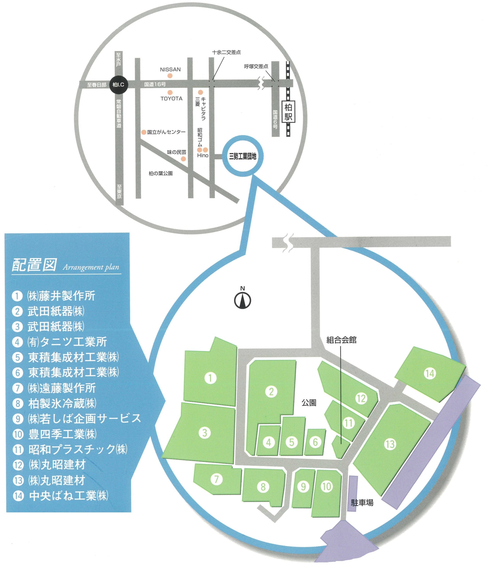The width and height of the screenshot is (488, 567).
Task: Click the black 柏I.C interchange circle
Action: (x=118, y=85)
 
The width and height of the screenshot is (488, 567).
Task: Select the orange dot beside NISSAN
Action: (x=170, y=76)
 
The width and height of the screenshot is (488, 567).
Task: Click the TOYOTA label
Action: (x=172, y=99)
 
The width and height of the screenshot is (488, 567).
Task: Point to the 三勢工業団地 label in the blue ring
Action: (x=243, y=157)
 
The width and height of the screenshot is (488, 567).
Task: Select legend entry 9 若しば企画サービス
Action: (x=77, y=418)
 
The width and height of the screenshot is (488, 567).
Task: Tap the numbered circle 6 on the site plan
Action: (x=315, y=442)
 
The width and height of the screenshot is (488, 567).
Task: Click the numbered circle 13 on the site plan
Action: (x=390, y=444)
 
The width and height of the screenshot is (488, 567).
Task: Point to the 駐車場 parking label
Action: (x=362, y=502)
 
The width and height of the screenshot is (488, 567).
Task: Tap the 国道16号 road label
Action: (x=155, y=85)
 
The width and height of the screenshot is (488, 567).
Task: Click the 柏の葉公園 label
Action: (x=161, y=173)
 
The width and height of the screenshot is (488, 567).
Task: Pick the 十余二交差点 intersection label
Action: (x=226, y=52)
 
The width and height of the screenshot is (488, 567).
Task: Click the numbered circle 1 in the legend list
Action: (x=17, y=296)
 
